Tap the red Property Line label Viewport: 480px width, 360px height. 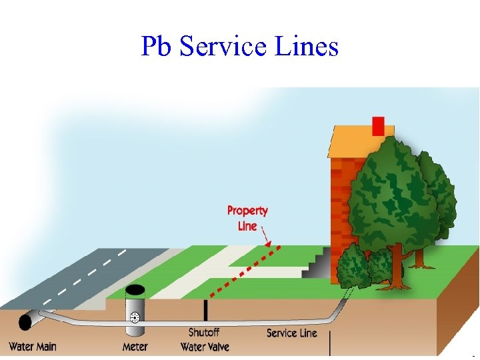tap(247, 218)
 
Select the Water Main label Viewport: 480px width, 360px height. tap(32, 347)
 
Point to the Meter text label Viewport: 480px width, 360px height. tap(135, 347)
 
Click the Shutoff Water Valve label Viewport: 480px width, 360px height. tap(205, 339)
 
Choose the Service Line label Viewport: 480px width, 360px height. tap(291, 333)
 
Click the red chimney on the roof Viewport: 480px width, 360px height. tap(378, 126)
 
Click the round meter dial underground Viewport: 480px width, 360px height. tap(135, 317)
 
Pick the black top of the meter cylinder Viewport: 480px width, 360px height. tap(135, 291)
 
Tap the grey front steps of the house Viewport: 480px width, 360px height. tap(317, 264)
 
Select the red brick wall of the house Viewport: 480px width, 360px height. tap(341, 200)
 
